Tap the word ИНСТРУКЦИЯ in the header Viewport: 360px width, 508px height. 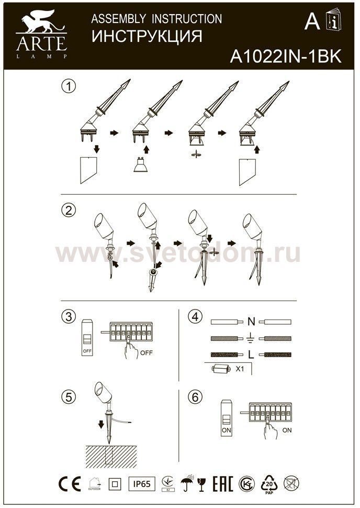pyautogui.click(x=147, y=37)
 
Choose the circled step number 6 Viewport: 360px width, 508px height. pyautogui.click(x=195, y=397)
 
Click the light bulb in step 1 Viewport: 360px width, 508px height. pyautogui.click(x=140, y=166)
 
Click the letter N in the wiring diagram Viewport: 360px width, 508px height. pyautogui.click(x=251, y=321)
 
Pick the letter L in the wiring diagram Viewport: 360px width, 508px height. pyautogui.click(x=251, y=355)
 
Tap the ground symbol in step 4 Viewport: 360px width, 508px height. pyautogui.click(x=251, y=337)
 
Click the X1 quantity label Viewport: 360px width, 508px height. pyautogui.click(x=240, y=369)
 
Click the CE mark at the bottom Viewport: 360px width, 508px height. pyautogui.click(x=69, y=484)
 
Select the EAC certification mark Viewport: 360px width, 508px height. pyautogui.click(x=223, y=484)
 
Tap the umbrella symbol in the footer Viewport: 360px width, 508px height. pyautogui.click(x=186, y=484)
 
